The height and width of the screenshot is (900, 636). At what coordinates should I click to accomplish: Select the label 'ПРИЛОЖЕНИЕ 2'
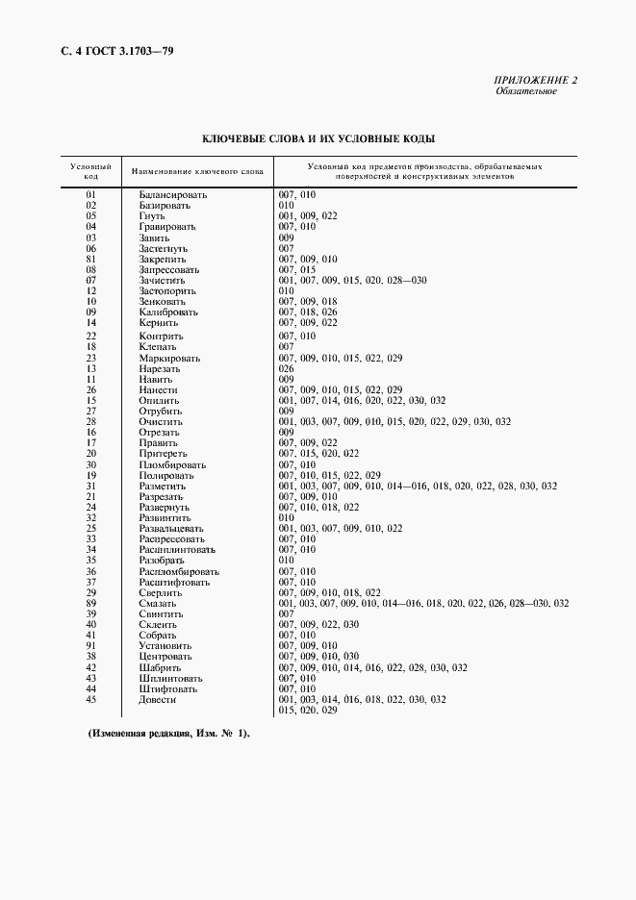(x=536, y=81)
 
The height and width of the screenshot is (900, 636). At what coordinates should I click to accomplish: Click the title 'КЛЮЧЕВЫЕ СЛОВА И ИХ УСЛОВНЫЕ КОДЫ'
(x=318, y=139)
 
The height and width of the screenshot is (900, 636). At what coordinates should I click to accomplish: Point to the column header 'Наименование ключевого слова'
(x=197, y=171)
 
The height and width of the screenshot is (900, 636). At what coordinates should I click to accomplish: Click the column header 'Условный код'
(x=90, y=171)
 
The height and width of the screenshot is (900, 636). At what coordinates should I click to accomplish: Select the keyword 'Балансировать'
(x=173, y=195)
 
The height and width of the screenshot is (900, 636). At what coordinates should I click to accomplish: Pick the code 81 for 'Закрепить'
(x=91, y=259)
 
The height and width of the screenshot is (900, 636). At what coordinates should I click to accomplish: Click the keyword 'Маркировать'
(x=169, y=359)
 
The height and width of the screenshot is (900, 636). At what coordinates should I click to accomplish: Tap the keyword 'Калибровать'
(x=168, y=312)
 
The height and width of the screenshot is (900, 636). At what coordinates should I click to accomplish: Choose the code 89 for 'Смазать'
(x=91, y=603)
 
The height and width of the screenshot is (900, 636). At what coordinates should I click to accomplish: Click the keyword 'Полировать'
(x=166, y=475)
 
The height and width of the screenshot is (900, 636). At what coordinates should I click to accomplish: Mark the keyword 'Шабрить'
(x=159, y=667)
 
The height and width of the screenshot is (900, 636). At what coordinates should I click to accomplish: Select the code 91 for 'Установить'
(x=91, y=645)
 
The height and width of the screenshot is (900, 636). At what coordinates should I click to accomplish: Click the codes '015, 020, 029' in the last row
(x=308, y=710)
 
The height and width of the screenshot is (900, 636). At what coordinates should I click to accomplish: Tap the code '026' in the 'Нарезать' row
(x=286, y=369)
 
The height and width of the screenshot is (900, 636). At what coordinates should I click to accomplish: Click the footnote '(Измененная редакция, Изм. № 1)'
(x=169, y=735)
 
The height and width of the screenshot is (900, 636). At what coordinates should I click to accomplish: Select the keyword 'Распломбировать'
(x=179, y=571)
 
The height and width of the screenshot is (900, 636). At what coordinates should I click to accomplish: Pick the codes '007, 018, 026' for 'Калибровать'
(x=308, y=312)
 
